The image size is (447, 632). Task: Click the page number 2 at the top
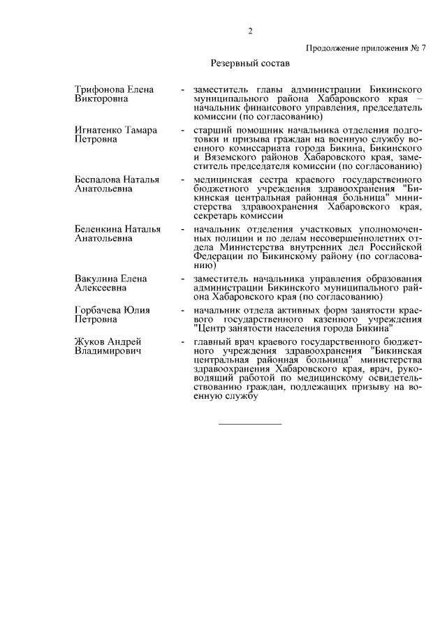click(249, 30)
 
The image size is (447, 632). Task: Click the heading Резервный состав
click(250, 63)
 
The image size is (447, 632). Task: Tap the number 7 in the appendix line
click(423, 47)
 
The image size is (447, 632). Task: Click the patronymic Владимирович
click(108, 351)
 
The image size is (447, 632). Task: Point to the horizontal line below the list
click(250, 424)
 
